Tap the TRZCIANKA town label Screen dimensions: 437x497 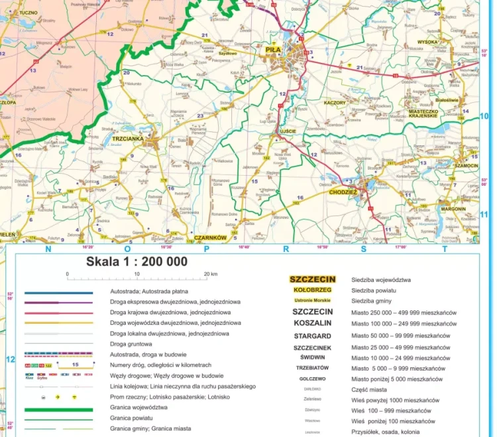(128, 139)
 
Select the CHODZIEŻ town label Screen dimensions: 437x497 (343, 192)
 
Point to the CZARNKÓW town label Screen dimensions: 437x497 (211, 237)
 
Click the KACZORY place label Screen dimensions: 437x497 (335, 103)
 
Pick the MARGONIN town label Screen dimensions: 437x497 (453, 208)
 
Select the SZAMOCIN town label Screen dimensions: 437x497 (467, 164)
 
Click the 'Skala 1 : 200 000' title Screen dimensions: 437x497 (137, 261)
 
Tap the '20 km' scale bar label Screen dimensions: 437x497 (210, 273)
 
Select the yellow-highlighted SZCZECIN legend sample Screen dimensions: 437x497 (313, 280)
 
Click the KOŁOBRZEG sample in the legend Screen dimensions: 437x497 (313, 290)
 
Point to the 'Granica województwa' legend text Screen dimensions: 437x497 (137, 408)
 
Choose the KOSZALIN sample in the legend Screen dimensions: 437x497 (313, 323)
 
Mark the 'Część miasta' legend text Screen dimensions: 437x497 (370, 389)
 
